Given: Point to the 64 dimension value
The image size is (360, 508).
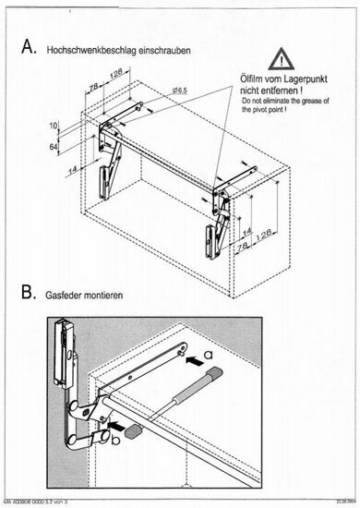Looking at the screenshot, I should pyautogui.click(x=54, y=145).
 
